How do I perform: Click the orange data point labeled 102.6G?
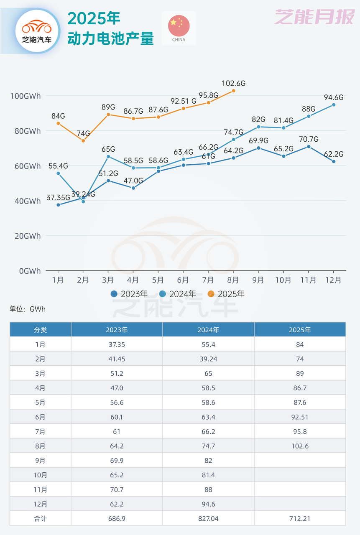[233, 91]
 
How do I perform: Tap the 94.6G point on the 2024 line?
[334, 105]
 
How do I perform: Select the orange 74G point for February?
[83, 141]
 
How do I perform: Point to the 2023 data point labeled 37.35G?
[58, 205]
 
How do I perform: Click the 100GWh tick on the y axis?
[26, 96]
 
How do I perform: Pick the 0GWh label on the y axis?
[29, 271]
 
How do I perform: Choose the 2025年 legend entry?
[226, 294]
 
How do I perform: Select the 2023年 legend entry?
[129, 294]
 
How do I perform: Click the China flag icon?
[179, 25]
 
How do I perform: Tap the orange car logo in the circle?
[37, 28]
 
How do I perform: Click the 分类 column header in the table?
[41, 330]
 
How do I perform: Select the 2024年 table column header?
[208, 330]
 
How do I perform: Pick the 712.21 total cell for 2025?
[299, 518]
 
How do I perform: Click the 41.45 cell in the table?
[117, 359]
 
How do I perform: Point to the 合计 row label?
[41, 518]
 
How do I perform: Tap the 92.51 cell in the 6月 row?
[299, 417]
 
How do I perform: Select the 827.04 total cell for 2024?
[208, 518]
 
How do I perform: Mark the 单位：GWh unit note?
[28, 309]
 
